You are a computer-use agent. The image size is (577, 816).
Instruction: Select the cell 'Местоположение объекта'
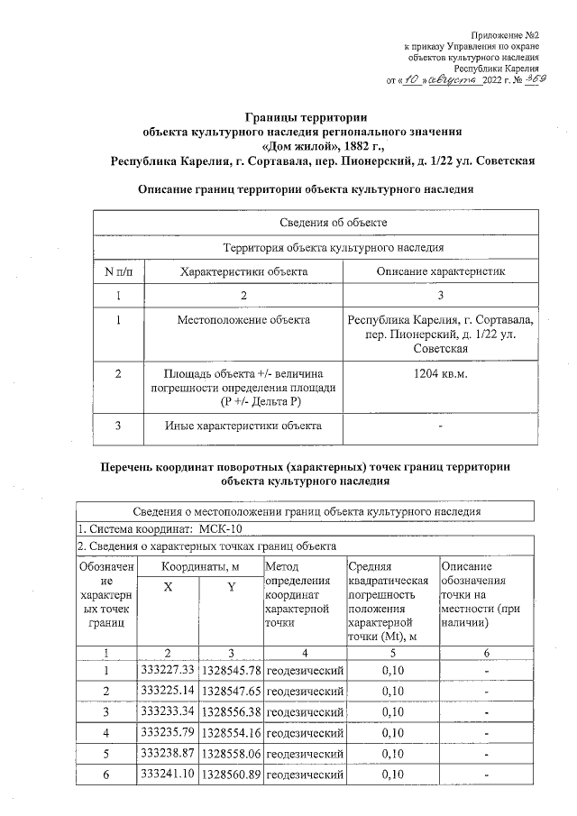click(x=243, y=320)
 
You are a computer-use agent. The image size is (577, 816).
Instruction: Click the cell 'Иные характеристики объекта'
click(x=243, y=426)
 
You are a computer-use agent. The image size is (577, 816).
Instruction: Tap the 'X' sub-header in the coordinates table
click(x=168, y=587)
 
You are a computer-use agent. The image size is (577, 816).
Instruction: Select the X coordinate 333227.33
click(x=169, y=671)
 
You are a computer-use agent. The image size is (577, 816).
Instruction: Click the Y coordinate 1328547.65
click(x=231, y=692)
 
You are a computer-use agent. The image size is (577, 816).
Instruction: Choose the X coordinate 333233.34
click(x=169, y=712)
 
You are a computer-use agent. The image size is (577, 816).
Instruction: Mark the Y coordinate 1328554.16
click(x=231, y=733)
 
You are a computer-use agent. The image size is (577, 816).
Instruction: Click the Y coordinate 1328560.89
click(x=231, y=775)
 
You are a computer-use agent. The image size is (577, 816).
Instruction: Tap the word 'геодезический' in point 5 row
click(x=306, y=754)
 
